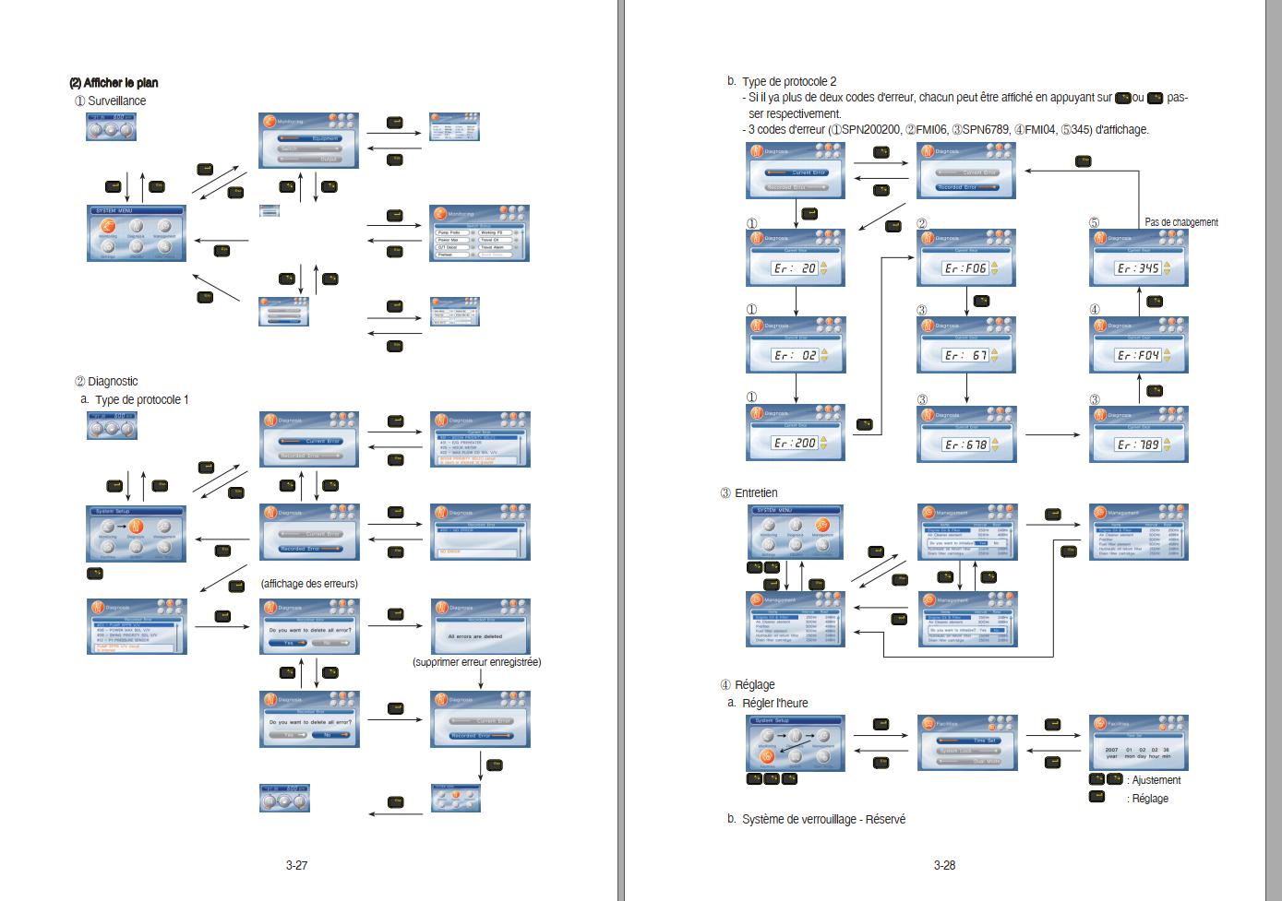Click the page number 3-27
(x=296, y=865)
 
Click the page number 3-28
(x=944, y=865)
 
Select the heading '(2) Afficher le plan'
(x=114, y=83)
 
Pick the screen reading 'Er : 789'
(x=1138, y=434)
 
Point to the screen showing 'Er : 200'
(x=795, y=433)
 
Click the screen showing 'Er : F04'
(x=1138, y=345)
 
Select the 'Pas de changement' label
(x=1180, y=222)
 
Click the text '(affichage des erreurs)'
(x=309, y=584)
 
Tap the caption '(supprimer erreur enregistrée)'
(x=476, y=662)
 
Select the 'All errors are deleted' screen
(x=480, y=627)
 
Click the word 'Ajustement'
(x=1156, y=780)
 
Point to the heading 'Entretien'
(x=756, y=493)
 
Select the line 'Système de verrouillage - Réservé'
(x=823, y=819)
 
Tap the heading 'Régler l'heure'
(x=774, y=703)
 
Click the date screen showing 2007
(x=1138, y=742)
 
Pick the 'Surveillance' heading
(x=116, y=101)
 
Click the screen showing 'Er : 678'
(x=965, y=434)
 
